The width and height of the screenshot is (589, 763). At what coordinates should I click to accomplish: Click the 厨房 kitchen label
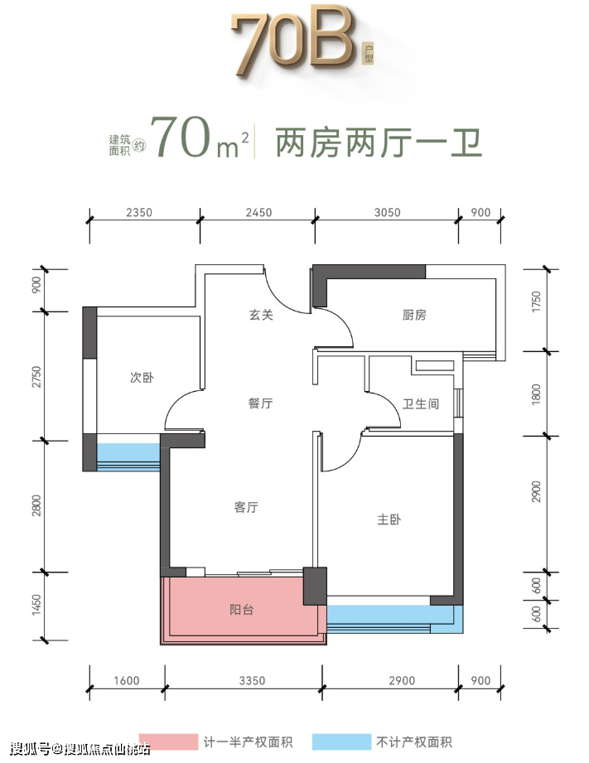pyautogui.click(x=414, y=316)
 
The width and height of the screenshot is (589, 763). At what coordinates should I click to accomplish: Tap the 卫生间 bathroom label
pyautogui.click(x=421, y=404)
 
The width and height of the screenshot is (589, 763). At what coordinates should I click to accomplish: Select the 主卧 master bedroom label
pyautogui.click(x=389, y=519)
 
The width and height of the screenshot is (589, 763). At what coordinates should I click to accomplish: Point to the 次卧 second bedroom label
pyautogui.click(x=142, y=378)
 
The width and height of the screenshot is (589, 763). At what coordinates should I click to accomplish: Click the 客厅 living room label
pyautogui.click(x=246, y=508)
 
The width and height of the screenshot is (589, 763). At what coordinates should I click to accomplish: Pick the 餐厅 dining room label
pyautogui.click(x=260, y=403)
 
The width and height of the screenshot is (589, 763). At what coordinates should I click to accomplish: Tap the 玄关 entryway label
pyautogui.click(x=262, y=316)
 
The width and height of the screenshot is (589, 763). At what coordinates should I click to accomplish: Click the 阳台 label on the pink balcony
pyautogui.click(x=241, y=610)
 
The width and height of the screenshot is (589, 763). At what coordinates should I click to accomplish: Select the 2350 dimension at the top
pyautogui.click(x=139, y=213)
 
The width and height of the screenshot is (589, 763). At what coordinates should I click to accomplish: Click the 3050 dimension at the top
pyautogui.click(x=388, y=213)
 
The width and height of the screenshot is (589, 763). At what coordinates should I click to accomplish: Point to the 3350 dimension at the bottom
pyautogui.click(x=252, y=681)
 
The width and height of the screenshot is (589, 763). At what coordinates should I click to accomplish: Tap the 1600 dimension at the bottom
pyautogui.click(x=127, y=681)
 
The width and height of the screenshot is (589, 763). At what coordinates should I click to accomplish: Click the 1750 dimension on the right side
pyautogui.click(x=536, y=302)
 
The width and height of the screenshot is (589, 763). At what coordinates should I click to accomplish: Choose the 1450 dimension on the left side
pyautogui.click(x=36, y=605)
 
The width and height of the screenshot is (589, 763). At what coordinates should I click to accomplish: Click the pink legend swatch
pyautogui.click(x=168, y=742)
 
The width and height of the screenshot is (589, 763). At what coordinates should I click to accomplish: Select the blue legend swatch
pyautogui.click(x=341, y=742)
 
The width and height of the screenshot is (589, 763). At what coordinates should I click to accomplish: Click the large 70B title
pyautogui.click(x=293, y=43)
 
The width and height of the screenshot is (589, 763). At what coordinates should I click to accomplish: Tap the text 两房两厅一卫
pyautogui.click(x=379, y=142)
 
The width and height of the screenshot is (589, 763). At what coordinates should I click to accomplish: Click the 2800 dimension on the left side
pyautogui.click(x=36, y=505)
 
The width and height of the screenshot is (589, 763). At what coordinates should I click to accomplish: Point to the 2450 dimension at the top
pyautogui.click(x=258, y=213)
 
